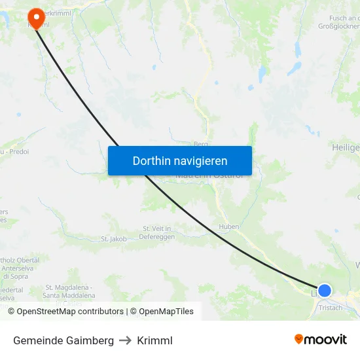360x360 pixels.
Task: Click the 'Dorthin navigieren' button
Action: (x=180, y=160)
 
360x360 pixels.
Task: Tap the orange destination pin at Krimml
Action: (x=35, y=17)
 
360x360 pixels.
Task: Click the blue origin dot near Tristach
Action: (x=324, y=290)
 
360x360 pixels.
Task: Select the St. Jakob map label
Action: (x=114, y=239)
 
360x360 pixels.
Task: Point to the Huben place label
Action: (x=228, y=227)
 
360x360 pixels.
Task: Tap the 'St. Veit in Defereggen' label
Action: (x=156, y=232)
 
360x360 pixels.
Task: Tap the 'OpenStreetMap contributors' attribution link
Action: (x=70, y=312)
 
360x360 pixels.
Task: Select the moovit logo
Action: (x=321, y=340)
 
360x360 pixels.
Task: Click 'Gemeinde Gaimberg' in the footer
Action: (x=63, y=340)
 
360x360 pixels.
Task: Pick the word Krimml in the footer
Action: (x=155, y=340)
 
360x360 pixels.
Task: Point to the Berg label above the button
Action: (x=200, y=144)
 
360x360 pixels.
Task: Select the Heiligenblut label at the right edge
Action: (x=346, y=148)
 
